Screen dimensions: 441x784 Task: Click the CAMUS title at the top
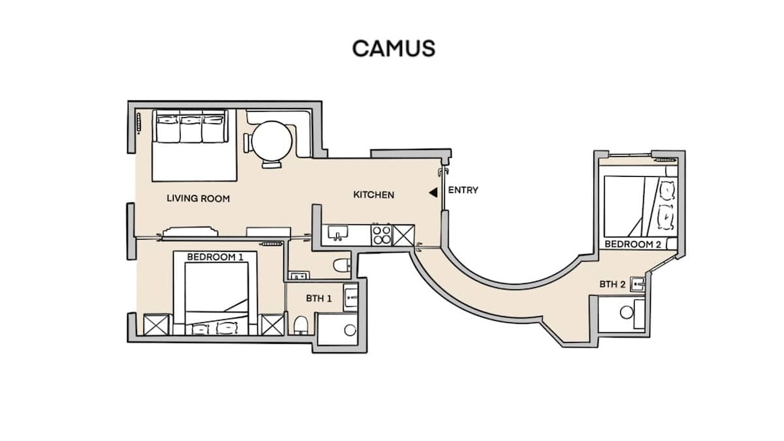coord(394,48)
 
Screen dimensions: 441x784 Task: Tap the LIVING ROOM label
coord(198,198)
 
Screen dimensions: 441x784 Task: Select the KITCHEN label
coord(374,194)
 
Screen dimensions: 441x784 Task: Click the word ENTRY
coord(463,190)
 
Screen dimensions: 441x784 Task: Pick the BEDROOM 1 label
coord(215,257)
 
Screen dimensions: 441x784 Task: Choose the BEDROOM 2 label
coord(633,244)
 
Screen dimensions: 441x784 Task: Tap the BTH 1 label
coord(318,298)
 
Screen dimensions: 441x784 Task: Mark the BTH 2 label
coord(612,284)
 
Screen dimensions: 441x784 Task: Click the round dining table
coord(272,142)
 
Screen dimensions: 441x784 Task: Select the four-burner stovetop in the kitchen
coord(382,234)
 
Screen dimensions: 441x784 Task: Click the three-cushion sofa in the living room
coord(191,127)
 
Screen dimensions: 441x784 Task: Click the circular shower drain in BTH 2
coord(626,312)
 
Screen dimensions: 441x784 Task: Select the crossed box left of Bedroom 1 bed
coord(155,325)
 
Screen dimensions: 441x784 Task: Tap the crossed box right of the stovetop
coord(403,235)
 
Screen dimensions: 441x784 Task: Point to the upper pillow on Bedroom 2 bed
coord(666,188)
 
